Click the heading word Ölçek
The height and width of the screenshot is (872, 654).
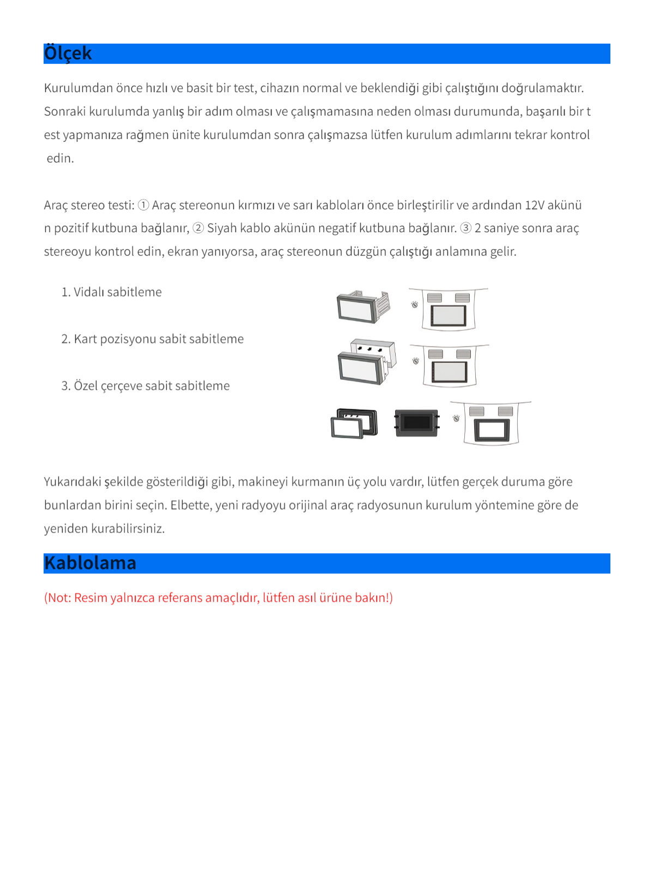(68, 53)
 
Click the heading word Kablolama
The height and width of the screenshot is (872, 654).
(90, 563)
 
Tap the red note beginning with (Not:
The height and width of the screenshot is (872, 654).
(218, 598)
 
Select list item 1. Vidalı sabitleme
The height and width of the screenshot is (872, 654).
(111, 292)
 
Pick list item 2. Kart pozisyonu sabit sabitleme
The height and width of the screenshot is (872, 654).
(152, 339)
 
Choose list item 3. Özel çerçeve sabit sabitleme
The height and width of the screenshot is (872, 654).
(145, 386)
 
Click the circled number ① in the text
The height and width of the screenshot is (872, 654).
(143, 205)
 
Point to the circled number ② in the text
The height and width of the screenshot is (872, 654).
(198, 228)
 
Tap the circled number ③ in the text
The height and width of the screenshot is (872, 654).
(466, 228)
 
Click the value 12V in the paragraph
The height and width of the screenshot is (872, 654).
(535, 205)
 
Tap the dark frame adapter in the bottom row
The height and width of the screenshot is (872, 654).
(417, 423)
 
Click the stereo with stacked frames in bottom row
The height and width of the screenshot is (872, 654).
(354, 423)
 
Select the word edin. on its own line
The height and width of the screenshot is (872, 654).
(60, 159)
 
